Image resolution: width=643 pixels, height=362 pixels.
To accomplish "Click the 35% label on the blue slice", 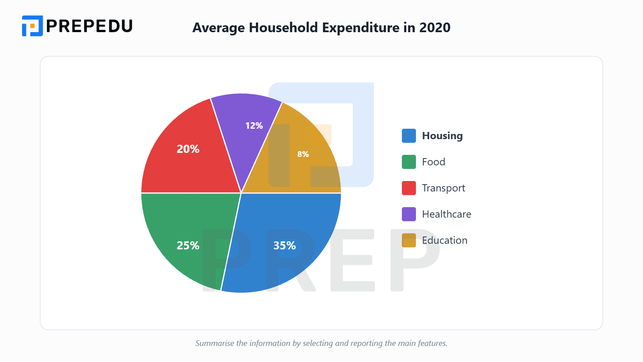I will pyautogui.click(x=285, y=245).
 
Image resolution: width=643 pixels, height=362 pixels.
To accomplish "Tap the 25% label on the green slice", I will pyautogui.click(x=188, y=245).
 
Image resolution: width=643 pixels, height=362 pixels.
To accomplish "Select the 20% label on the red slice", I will pyautogui.click(x=188, y=149).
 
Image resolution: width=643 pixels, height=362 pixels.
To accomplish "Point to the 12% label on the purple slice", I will pyautogui.click(x=254, y=125).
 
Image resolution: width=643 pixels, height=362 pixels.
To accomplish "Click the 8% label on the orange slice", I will pyautogui.click(x=303, y=154).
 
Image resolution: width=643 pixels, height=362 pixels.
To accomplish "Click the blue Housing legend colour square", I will pyautogui.click(x=409, y=136).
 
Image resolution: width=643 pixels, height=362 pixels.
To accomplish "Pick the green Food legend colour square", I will pyautogui.click(x=409, y=162).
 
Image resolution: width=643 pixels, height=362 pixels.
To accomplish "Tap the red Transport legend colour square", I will pyautogui.click(x=409, y=188).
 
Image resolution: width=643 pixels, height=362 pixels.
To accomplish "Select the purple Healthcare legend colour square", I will pyautogui.click(x=409, y=214).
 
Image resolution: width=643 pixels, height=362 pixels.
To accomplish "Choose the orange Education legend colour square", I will pyautogui.click(x=409, y=241).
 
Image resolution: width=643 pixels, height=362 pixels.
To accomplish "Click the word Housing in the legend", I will pyautogui.click(x=442, y=136).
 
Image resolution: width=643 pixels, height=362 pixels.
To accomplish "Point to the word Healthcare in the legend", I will pyautogui.click(x=446, y=214).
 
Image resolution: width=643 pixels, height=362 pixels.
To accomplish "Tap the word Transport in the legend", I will pyautogui.click(x=443, y=188).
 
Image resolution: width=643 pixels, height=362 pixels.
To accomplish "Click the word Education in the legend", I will pyautogui.click(x=444, y=241).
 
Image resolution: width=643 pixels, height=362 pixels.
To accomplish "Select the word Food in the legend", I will pyautogui.click(x=433, y=162).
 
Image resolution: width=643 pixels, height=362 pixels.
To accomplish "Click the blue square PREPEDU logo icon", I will pyautogui.click(x=32, y=26).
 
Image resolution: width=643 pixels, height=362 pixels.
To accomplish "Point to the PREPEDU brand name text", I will pyautogui.click(x=89, y=26).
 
